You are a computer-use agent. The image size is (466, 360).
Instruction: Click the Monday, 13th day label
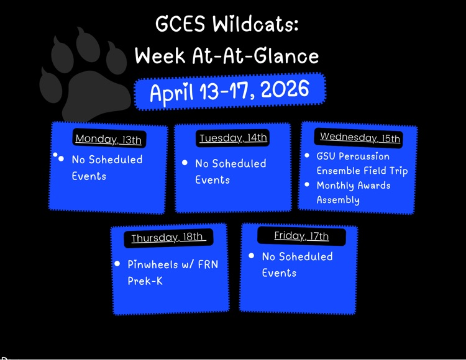tap(108, 139)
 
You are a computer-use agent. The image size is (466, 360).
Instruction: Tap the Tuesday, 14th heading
tap(233, 138)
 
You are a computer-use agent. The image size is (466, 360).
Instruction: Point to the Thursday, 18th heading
tap(167, 238)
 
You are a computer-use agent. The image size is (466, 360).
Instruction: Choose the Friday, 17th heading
tap(301, 236)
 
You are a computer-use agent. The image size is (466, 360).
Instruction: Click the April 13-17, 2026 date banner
tap(229, 92)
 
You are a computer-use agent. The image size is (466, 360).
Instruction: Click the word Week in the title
tap(161, 56)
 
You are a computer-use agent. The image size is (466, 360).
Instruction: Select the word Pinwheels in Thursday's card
tap(152, 264)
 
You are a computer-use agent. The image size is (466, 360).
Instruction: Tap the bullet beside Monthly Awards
tap(307, 184)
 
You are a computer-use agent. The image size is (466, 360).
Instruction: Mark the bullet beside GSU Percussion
tap(307, 155)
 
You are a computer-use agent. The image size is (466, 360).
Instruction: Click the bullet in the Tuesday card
tap(185, 163)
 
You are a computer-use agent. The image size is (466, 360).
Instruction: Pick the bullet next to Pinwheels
tap(117, 264)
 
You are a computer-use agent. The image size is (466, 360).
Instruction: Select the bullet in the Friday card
tap(251, 256)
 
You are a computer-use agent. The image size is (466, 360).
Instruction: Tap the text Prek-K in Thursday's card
tap(145, 281)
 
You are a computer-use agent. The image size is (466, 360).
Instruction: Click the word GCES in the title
tap(180, 25)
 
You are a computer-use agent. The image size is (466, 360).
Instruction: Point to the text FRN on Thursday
tap(206, 264)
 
